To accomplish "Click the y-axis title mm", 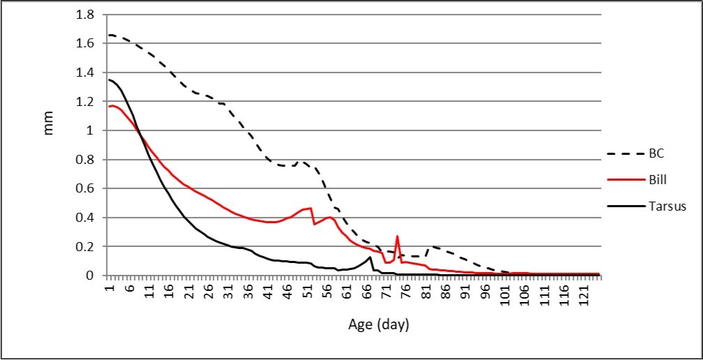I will point(48,128).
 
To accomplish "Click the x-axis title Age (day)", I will point(378,324).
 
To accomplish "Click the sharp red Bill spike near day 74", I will point(398,237).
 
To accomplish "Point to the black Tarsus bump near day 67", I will point(370,257).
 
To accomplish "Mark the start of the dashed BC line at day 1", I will point(109,35).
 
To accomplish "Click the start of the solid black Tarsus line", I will point(109,80).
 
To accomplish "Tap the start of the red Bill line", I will point(109,106).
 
